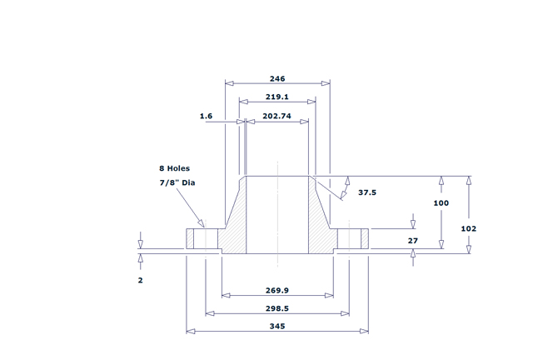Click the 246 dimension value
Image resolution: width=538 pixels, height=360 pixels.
(x=277, y=78)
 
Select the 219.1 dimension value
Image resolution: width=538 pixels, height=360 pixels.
(x=277, y=97)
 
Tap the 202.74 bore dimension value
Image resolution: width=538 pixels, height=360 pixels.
(x=275, y=117)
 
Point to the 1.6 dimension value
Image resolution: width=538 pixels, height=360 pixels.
(x=207, y=117)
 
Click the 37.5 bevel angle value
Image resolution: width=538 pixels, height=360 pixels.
(x=367, y=192)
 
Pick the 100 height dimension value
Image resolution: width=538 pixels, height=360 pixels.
(x=441, y=203)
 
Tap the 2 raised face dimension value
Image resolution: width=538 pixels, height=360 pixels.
(x=140, y=281)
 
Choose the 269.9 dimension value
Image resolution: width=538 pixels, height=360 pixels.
(x=277, y=292)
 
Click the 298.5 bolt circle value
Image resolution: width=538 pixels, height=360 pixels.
(x=277, y=308)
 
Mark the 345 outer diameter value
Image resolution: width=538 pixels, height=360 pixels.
(x=277, y=327)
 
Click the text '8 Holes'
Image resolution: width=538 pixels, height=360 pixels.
(x=174, y=168)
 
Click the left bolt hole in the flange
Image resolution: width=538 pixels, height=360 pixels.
(x=199, y=238)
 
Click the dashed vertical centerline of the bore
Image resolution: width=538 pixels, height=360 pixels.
(x=277, y=208)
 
